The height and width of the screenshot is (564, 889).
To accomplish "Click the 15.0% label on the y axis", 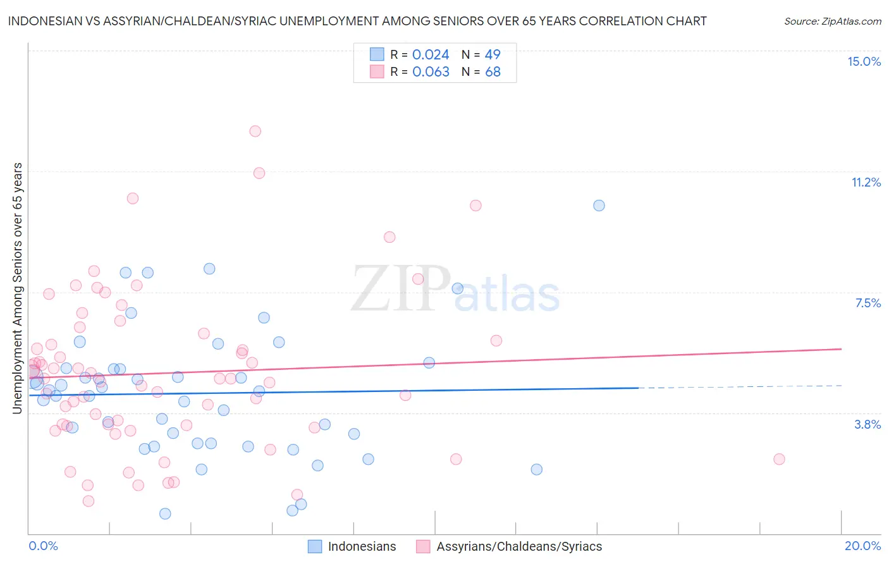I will [864, 61].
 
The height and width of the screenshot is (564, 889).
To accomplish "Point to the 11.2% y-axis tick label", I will [866, 182].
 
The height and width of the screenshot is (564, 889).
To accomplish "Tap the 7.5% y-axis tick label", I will [868, 303].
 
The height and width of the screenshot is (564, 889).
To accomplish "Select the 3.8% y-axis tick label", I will [868, 424].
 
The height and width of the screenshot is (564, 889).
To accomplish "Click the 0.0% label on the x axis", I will [43, 546].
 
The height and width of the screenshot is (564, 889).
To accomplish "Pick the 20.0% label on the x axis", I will [862, 546].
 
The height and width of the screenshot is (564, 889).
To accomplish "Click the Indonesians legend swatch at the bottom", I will [315, 546].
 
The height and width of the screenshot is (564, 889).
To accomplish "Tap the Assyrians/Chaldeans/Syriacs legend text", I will [519, 546].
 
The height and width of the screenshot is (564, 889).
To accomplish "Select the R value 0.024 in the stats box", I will [431, 55].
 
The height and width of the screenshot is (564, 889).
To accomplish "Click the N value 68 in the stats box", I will [493, 72].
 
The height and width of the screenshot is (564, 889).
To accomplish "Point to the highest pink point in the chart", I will [255, 131].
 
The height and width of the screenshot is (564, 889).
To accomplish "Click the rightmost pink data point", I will [779, 459].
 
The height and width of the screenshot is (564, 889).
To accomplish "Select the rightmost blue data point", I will [599, 205].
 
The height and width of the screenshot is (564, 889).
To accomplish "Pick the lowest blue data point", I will [165, 513].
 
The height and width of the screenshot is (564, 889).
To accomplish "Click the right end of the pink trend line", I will [841, 349].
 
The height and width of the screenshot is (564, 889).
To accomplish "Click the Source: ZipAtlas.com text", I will [832, 21].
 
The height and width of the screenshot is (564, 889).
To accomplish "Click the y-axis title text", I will [17, 288].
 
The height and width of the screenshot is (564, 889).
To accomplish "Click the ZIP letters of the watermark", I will [401, 289].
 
